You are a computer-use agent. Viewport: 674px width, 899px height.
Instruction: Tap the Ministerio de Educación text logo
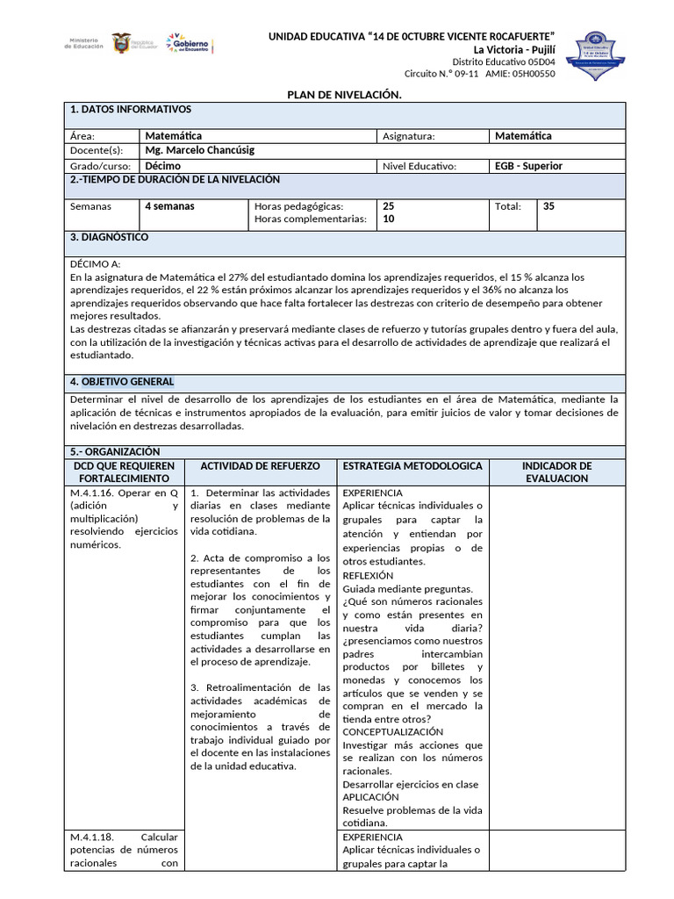click(x=84, y=44)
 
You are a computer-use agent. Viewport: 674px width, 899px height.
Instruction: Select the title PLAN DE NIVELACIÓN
click(x=345, y=94)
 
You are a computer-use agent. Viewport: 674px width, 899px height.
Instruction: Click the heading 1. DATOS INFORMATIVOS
click(x=130, y=109)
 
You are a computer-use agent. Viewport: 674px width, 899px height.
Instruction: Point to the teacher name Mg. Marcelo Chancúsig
click(x=199, y=150)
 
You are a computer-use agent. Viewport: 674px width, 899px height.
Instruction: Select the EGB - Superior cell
click(x=528, y=165)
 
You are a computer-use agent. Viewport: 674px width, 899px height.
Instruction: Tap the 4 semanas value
click(x=170, y=206)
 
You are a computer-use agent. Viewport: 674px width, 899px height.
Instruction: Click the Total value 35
click(x=549, y=206)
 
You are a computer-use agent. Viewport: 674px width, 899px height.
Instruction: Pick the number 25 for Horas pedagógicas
click(x=389, y=205)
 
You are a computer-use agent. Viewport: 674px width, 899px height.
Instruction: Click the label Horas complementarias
click(x=309, y=219)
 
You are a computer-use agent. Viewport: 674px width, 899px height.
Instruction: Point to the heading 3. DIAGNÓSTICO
click(x=109, y=237)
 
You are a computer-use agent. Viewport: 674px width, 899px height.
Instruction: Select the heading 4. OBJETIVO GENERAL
click(x=121, y=381)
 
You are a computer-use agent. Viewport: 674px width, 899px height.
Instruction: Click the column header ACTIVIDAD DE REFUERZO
click(x=261, y=465)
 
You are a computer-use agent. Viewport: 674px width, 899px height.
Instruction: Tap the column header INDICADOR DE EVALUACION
click(x=556, y=471)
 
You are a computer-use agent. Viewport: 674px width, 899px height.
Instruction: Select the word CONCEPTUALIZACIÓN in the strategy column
click(x=392, y=731)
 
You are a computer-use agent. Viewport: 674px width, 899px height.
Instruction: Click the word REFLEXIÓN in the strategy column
click(x=368, y=575)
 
